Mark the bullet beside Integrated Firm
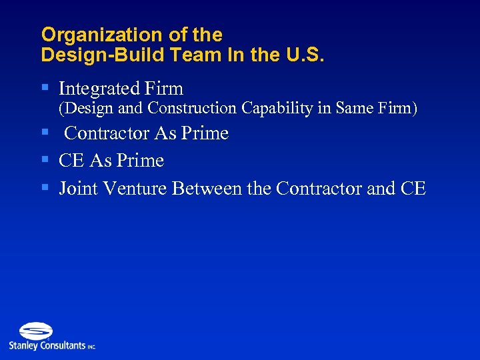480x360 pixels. pyautogui.click(x=45, y=88)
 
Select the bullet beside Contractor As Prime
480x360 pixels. pyautogui.click(x=45, y=133)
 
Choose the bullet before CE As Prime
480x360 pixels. pyautogui.click(x=45, y=160)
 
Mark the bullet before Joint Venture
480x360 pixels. pyautogui.click(x=45, y=188)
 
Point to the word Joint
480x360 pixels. pyautogui.click(x=75, y=189)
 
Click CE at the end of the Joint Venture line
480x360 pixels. pyautogui.click(x=413, y=189)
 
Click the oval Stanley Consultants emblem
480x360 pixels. pyautogui.click(x=35, y=331)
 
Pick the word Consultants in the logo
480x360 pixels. pyautogui.click(x=63, y=345)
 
